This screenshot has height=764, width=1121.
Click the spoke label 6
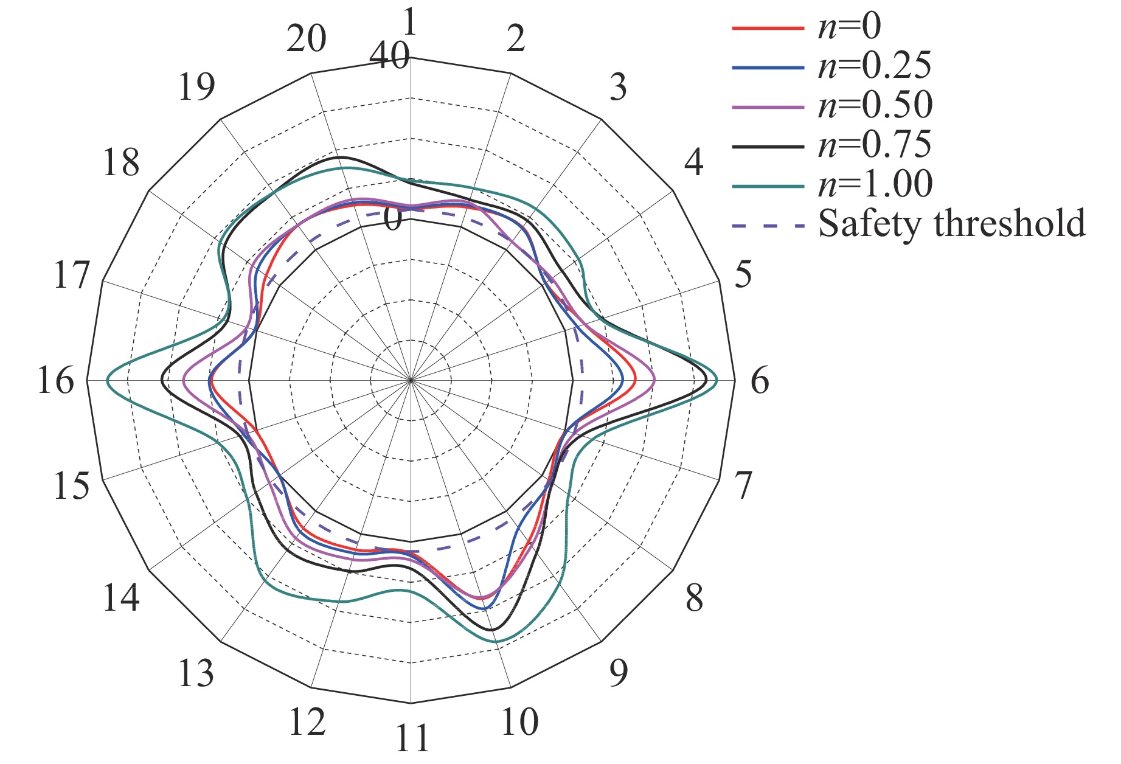coord(760,381)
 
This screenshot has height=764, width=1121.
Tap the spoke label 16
coord(56,381)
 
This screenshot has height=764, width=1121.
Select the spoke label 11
coord(412,738)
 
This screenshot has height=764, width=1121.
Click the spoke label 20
coord(307,40)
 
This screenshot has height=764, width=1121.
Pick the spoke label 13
coord(196,673)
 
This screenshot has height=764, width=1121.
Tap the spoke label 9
coord(618,673)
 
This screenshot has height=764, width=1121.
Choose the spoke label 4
coord(694,162)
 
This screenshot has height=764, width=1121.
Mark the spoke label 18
coord(121,163)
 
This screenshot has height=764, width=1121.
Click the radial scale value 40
coord(389,58)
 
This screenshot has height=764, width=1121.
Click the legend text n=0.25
coord(875,66)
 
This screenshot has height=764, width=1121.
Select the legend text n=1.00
coord(875,184)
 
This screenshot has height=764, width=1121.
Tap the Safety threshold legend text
coord(952,223)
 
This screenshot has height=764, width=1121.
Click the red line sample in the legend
coord(768,28)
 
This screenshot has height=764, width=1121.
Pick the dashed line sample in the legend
coord(768,226)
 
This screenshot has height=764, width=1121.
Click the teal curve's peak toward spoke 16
coord(108,381)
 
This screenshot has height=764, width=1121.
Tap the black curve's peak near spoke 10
coord(491,629)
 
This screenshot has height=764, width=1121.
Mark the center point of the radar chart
coord(411,380)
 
